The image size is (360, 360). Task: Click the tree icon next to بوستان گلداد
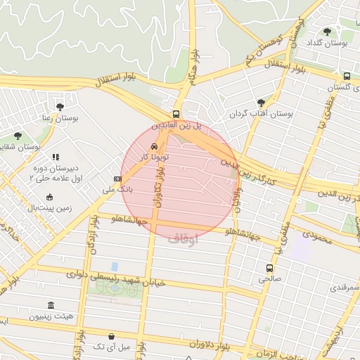coord(327,31)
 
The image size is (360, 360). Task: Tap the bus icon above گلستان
coord(347,76)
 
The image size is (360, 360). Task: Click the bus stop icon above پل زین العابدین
coord(176,114)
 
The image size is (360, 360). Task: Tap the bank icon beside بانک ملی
coord(117,179)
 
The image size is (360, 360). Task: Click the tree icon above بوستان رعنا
coord(59,107)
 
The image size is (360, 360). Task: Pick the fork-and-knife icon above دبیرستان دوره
coord(56,157)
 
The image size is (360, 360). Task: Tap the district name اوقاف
coord(183,239)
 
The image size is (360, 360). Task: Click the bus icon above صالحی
coord(269,268)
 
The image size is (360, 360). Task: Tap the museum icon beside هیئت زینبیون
coord(51,306)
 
